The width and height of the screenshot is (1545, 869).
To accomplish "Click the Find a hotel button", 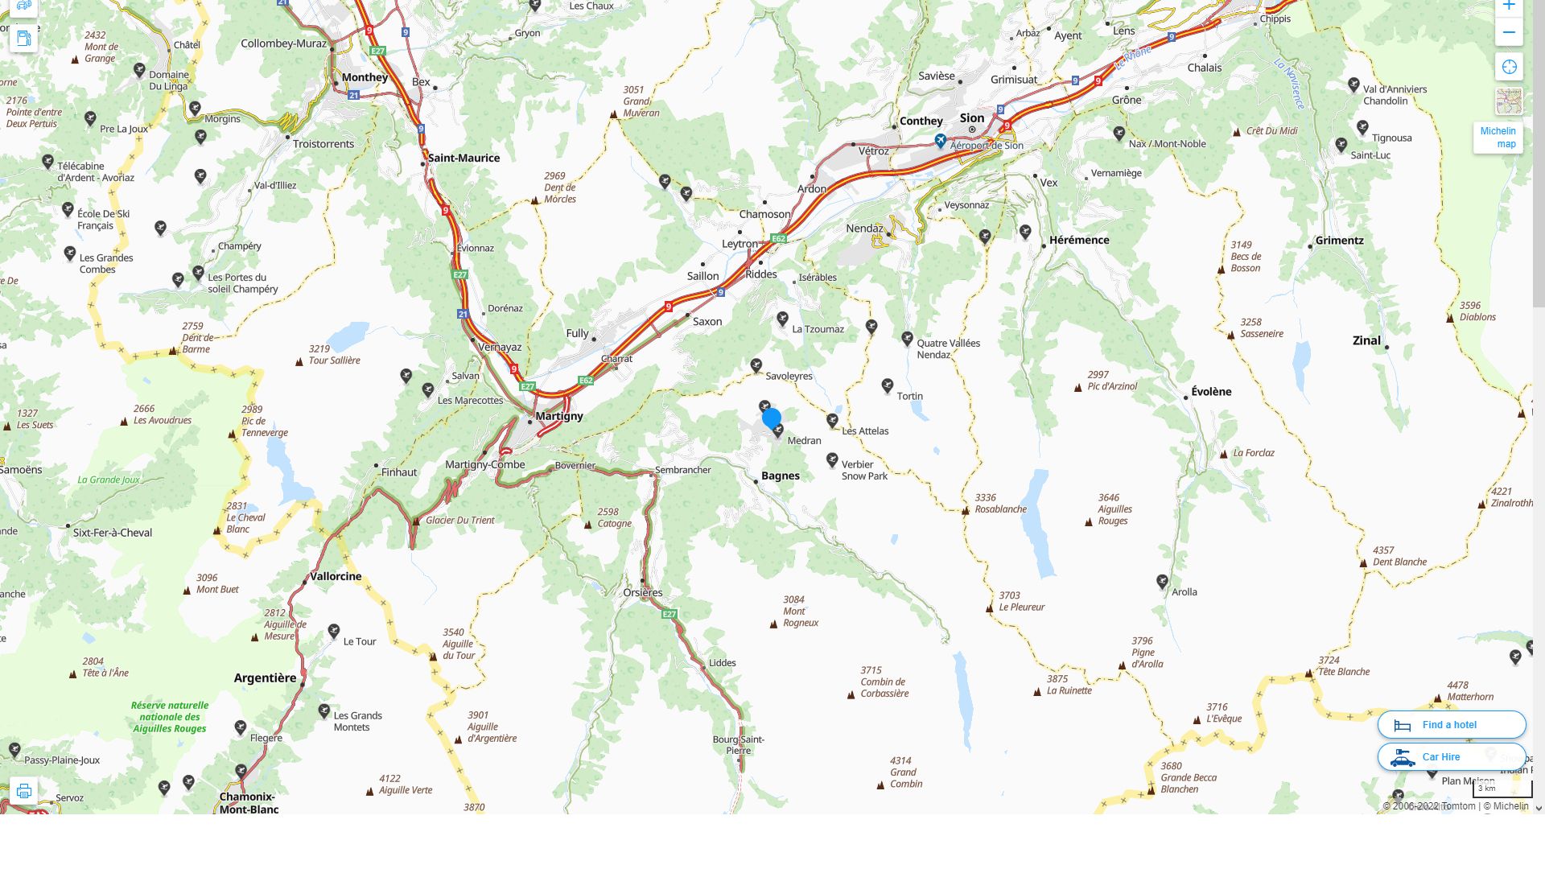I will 1451,725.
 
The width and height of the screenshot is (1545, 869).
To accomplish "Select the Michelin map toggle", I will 1498,138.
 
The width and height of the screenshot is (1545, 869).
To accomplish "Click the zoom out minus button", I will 1509,33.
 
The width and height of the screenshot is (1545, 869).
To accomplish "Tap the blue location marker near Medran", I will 771,418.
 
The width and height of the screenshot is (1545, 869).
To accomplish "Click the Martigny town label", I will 559,416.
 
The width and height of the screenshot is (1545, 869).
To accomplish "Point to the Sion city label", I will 972,118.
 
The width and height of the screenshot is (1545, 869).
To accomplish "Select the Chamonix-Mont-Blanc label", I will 249,803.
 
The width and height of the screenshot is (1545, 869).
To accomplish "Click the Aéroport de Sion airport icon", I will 940,141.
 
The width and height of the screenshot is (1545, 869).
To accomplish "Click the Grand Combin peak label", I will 906,772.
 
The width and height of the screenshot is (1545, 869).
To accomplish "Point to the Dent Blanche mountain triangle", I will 1363,563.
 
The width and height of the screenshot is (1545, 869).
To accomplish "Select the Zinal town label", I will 1366,340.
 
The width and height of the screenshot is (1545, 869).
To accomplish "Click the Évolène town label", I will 1211,392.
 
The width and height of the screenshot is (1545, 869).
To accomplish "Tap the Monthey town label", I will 365,77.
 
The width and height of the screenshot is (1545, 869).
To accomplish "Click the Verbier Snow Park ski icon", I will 832,459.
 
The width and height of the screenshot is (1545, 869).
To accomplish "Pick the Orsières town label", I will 643,593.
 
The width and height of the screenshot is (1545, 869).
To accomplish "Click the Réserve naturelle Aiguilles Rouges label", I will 170,717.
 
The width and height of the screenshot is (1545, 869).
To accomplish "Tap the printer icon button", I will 24,791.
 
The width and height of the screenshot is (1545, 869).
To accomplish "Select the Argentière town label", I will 265,678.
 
